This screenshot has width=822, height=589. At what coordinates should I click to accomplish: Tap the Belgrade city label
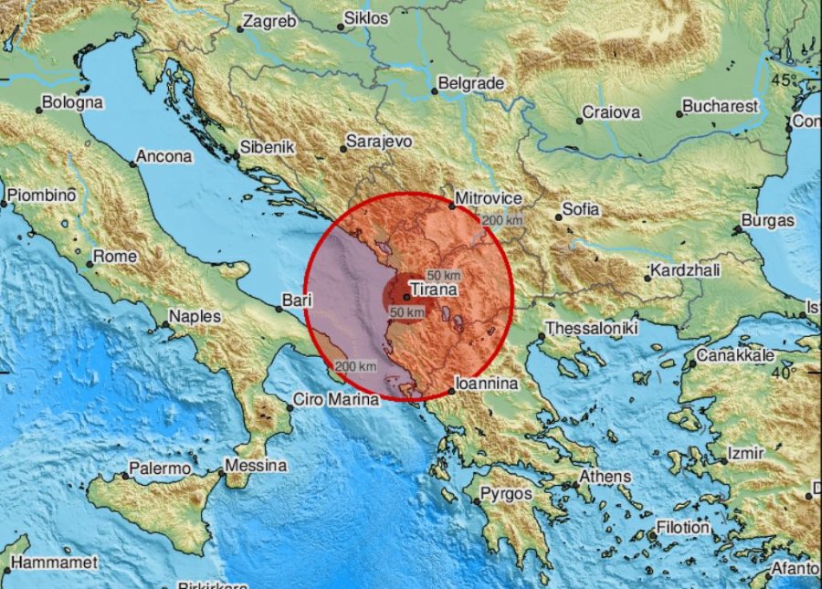(x=471, y=83)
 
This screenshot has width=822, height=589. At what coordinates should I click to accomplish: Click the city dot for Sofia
(x=558, y=217)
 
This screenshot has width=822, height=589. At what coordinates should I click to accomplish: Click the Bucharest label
(x=722, y=106)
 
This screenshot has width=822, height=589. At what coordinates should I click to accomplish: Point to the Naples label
(x=196, y=317)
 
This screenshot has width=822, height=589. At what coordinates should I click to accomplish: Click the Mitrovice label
(x=490, y=198)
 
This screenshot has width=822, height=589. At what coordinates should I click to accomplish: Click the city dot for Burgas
(x=738, y=229)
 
